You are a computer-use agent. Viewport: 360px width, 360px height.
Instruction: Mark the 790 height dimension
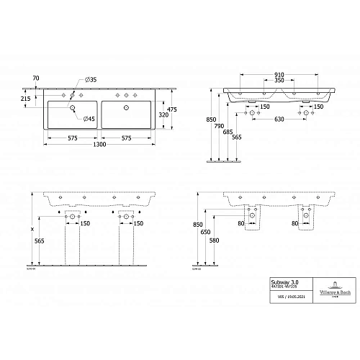pos(218,127)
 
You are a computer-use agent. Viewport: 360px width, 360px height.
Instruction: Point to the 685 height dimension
pos(227,132)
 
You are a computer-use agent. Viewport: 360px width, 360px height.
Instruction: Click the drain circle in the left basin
pos(72,107)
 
